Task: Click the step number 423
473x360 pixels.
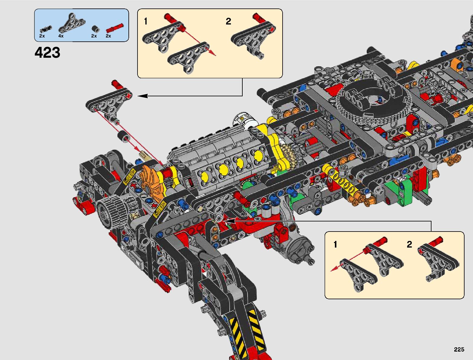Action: [47, 53]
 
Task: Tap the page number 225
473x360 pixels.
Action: [459, 349]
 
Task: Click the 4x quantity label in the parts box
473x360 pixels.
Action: [61, 36]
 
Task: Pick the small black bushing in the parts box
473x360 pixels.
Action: [96, 29]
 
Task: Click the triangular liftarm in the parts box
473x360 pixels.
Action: [72, 23]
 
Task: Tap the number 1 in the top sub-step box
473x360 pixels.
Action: [146, 21]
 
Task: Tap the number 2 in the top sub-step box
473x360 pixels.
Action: [228, 21]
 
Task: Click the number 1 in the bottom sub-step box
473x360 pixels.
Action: [335, 244]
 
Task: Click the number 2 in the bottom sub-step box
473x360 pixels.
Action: [410, 244]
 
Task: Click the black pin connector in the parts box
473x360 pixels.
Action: [46, 29]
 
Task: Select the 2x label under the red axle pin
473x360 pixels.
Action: [108, 36]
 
